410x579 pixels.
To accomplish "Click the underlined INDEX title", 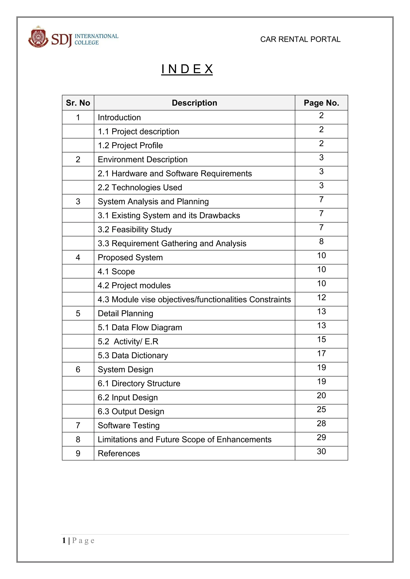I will (187, 69).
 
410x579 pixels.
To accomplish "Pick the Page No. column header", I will (321, 103).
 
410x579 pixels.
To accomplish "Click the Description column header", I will (194, 103).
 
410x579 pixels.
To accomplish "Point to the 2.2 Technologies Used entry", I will (140, 187).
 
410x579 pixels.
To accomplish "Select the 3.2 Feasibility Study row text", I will (135, 229).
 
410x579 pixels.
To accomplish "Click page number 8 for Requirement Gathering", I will (321, 242).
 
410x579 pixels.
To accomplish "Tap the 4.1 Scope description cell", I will (116, 271).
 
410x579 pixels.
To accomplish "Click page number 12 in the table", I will (321, 298).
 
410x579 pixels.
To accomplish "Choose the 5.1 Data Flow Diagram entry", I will (140, 327).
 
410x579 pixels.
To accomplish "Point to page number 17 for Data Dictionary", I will (321, 354).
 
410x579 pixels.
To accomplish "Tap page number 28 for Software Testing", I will (321, 423).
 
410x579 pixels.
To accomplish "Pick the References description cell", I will (119, 453).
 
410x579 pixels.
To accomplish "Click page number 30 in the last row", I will (321, 451).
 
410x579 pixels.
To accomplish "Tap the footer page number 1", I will (64, 540).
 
